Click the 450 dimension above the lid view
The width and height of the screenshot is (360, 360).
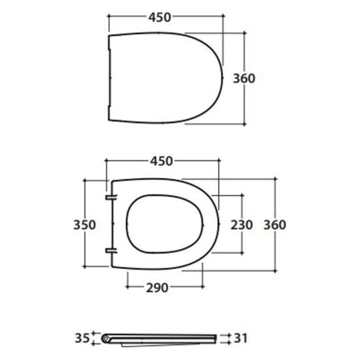pos(160,18)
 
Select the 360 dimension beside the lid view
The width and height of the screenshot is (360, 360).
pos(244,78)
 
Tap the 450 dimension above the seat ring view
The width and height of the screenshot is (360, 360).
pos(162,161)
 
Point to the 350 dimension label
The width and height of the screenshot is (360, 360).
pos(85,225)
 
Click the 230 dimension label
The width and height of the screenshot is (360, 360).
pos(241,225)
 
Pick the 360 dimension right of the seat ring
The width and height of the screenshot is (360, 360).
pos(275,225)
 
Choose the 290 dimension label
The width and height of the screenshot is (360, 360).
pos(157,287)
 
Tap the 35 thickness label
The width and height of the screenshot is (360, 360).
pos(82,338)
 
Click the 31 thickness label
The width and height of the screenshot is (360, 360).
pos(241,338)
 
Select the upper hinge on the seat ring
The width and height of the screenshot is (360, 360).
pos(111,197)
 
